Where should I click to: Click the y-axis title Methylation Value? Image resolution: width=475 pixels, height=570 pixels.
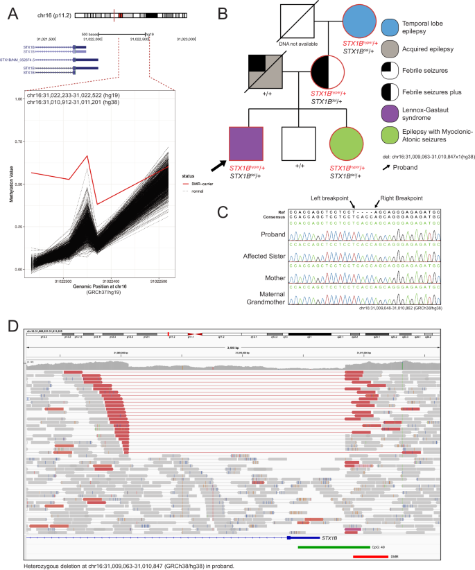tap(9, 184)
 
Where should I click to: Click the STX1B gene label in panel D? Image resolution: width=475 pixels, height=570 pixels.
tap(329, 537)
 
